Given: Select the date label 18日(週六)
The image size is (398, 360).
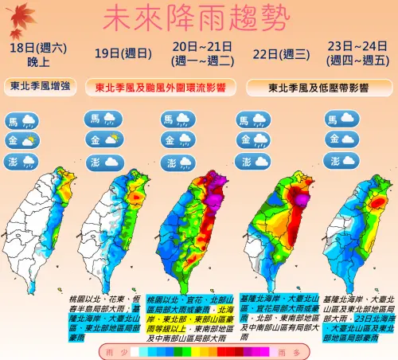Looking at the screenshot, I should pyautogui.click(x=37, y=49).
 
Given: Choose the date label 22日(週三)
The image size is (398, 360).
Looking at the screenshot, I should pyautogui.click(x=277, y=54).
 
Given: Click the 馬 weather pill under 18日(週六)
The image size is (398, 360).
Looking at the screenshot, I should pyautogui.click(x=21, y=121).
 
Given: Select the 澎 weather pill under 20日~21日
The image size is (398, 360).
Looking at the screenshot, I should pyautogui.click(x=178, y=161).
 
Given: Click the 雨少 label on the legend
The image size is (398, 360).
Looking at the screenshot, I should pyautogui.click(x=111, y=350).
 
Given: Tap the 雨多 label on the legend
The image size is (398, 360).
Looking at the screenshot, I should pyautogui.click(x=291, y=350).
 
